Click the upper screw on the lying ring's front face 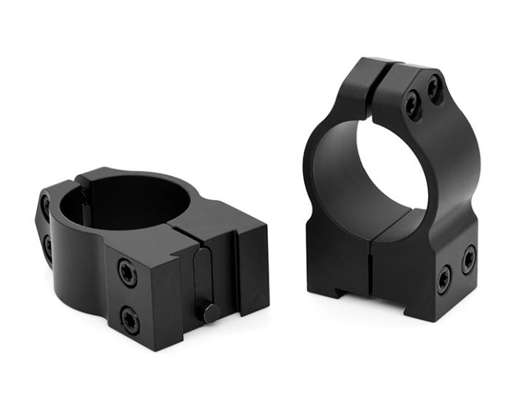[128, 273]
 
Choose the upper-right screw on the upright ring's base [468, 259]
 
